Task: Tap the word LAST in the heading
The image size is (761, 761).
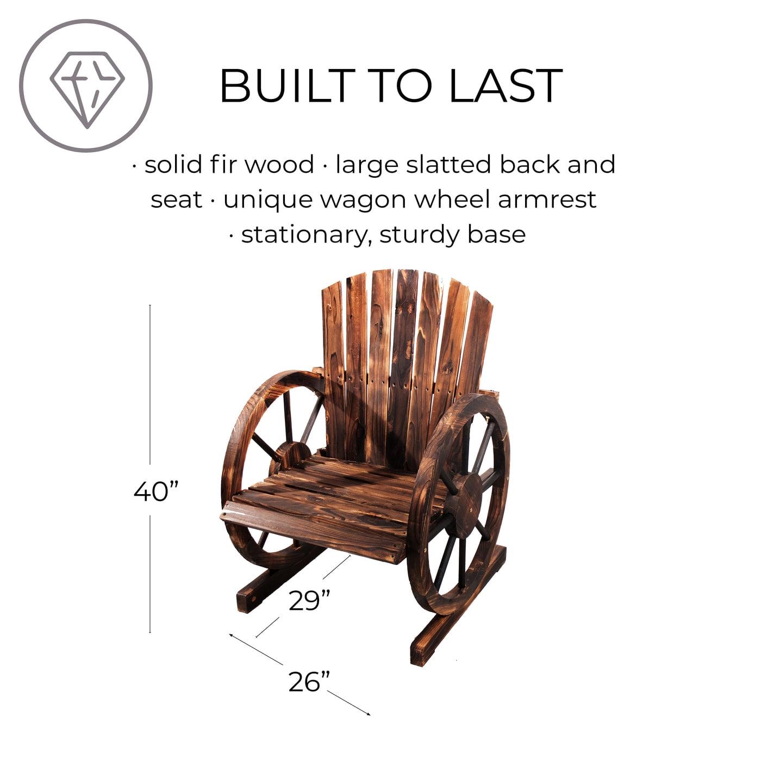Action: [x=506, y=86]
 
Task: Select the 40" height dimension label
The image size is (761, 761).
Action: [x=157, y=492]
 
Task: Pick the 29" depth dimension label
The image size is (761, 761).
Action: [x=310, y=601]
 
